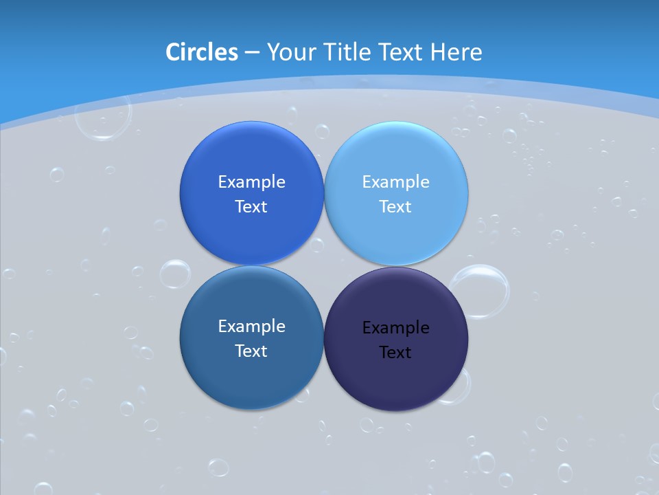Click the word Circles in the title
coord(202,52)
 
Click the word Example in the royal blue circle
coord(251,182)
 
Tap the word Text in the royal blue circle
coord(251,207)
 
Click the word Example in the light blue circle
coord(395,182)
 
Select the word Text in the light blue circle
coord(395,207)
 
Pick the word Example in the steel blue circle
coord(251,327)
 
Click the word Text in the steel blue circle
coord(251,351)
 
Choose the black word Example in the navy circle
coord(395,328)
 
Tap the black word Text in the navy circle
coord(395,353)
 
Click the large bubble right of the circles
coord(481,291)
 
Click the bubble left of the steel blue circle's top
coord(174,274)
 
